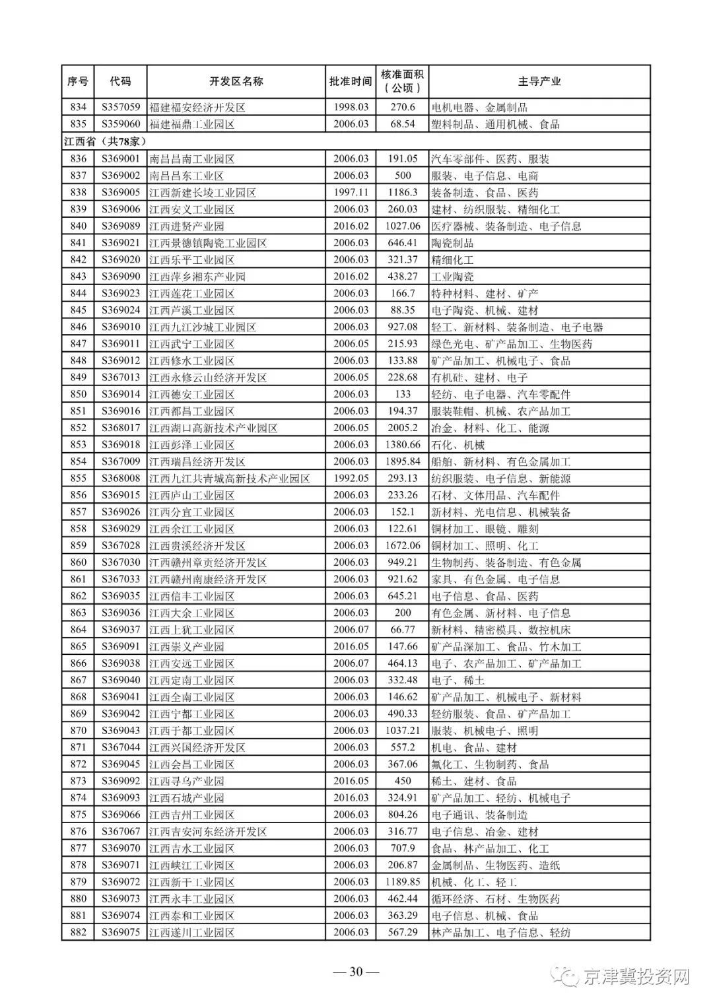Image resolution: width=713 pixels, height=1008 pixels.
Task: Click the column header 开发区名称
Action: click(236, 81)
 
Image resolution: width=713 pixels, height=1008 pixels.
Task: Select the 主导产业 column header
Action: click(539, 81)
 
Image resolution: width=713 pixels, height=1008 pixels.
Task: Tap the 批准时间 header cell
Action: click(350, 81)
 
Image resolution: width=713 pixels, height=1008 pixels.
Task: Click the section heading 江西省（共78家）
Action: click(105, 141)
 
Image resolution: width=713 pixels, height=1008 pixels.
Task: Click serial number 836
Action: click(78, 158)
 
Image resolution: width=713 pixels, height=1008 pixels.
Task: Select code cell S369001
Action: click(121, 158)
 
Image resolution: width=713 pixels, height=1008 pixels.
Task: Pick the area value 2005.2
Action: click(402, 428)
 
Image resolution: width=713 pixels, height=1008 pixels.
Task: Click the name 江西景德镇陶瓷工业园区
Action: click(208, 243)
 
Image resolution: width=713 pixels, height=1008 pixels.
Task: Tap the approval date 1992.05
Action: click(350, 478)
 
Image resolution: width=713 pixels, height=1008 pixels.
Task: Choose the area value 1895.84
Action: click(402, 461)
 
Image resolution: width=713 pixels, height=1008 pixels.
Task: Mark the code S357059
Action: click(121, 107)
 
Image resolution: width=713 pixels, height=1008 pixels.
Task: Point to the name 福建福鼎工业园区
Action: click(192, 124)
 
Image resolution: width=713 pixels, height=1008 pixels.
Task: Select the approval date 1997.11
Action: click(350, 192)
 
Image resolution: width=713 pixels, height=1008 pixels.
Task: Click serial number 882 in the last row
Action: click(78, 932)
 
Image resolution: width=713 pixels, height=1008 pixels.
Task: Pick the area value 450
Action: click(402, 781)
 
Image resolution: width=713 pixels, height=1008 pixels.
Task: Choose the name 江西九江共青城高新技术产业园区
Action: click(229, 478)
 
